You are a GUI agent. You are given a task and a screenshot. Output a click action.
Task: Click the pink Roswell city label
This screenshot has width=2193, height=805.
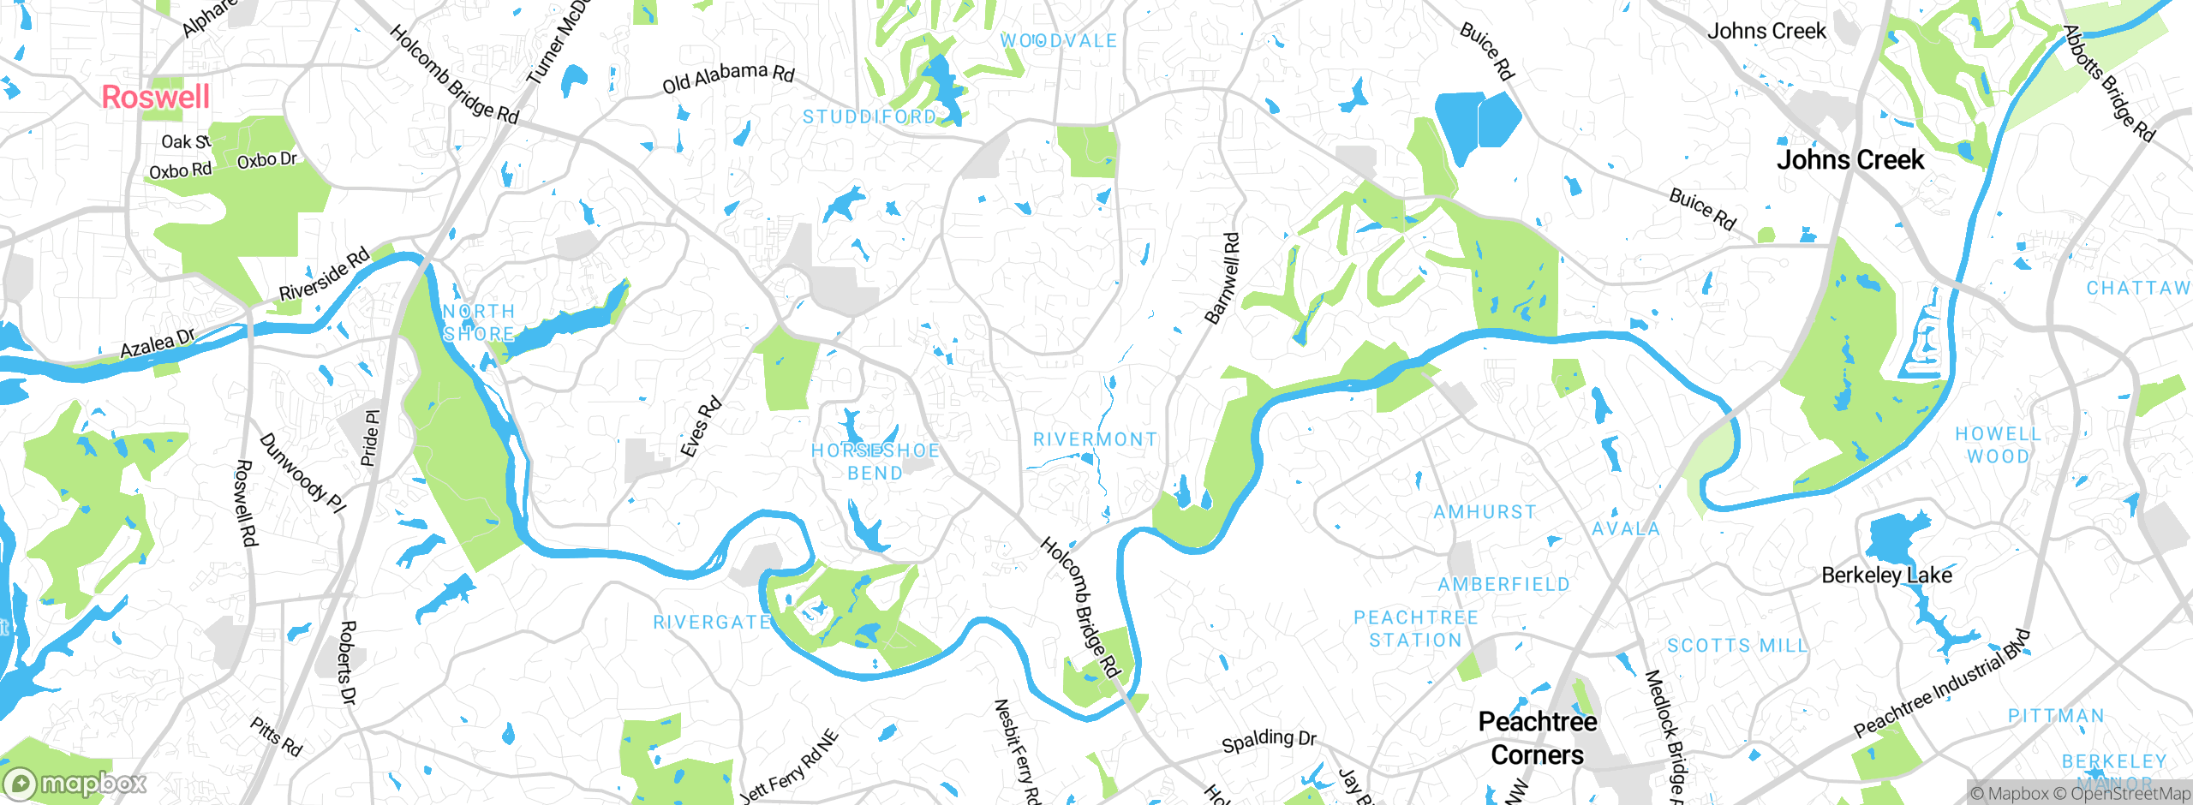(x=155, y=97)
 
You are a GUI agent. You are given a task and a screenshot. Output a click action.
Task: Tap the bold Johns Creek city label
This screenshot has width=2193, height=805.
(x=1849, y=160)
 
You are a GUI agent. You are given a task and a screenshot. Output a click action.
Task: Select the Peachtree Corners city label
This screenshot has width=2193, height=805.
(x=1537, y=738)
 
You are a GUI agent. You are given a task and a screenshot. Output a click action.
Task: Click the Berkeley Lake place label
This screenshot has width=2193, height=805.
(x=1886, y=575)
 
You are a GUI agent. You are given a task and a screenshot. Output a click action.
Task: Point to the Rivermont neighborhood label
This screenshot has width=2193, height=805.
(x=1095, y=439)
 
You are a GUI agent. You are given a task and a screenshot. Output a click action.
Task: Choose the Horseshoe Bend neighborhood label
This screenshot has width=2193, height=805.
(x=875, y=462)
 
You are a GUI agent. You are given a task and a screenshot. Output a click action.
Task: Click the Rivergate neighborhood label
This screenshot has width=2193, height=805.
(x=712, y=623)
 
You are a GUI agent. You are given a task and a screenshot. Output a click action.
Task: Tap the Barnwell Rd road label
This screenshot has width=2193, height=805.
(x=1222, y=278)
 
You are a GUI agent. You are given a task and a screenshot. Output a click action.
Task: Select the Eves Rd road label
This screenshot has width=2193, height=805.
(x=701, y=426)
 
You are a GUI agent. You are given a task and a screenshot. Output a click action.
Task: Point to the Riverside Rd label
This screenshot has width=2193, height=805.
(x=325, y=273)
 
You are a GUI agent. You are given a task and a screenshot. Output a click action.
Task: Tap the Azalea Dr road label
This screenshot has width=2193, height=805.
(x=157, y=343)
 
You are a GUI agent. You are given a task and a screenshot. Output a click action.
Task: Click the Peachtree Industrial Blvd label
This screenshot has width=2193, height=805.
(x=1941, y=683)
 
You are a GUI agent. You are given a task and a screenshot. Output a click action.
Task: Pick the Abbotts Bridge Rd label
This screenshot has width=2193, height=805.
(x=2108, y=83)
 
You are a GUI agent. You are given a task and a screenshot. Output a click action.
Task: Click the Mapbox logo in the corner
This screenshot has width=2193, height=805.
(x=75, y=783)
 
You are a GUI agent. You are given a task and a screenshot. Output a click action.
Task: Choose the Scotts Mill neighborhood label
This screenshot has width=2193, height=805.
(x=1736, y=646)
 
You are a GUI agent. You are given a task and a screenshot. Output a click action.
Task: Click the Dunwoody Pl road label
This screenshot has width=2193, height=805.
(x=302, y=474)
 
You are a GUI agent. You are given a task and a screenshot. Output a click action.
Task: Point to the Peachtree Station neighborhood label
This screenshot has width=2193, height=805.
(x=1415, y=629)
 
